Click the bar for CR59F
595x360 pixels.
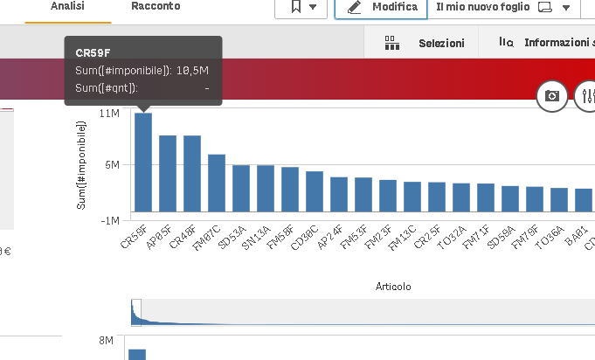pos(143,163)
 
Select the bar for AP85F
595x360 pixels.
pos(168,174)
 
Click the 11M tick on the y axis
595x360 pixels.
pos(109,114)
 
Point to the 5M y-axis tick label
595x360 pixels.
pos(113,164)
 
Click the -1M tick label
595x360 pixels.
pos(109,220)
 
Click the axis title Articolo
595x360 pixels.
pos(393,287)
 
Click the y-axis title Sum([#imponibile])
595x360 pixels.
pos(82,165)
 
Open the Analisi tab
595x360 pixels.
pos(68,6)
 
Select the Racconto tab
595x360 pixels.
pos(156,6)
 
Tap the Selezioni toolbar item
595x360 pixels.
pos(425,42)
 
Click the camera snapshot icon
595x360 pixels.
pos(552,95)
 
